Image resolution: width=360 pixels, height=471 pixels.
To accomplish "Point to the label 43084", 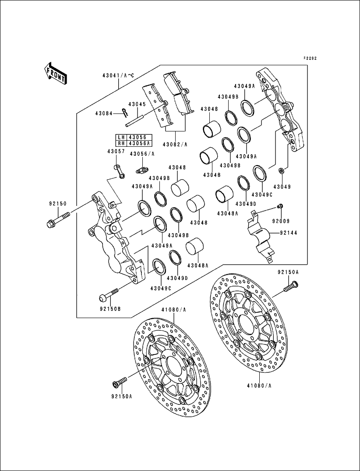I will (104, 113).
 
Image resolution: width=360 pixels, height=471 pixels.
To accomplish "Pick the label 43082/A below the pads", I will (175, 144).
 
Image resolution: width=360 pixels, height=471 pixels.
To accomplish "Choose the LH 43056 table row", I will (133, 137).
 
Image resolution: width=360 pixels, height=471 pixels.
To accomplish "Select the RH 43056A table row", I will (133, 143).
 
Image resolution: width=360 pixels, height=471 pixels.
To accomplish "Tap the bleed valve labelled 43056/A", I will (141, 168).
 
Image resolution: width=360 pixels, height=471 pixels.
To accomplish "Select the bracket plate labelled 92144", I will (258, 234).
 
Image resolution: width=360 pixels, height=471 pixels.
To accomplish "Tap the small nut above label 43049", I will (281, 170).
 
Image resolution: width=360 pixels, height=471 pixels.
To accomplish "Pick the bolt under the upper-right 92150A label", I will (290, 287).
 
